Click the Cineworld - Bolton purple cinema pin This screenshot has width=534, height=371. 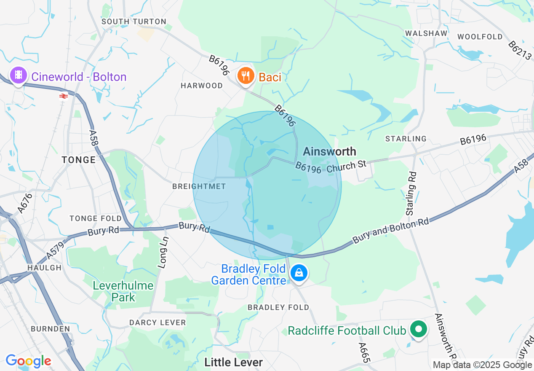click(x=18, y=75)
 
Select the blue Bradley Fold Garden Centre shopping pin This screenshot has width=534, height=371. click(x=299, y=273)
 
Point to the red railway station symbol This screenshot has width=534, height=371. click(x=64, y=96)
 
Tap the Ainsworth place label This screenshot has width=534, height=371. click(x=329, y=151)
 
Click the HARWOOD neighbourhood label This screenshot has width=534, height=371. click(x=202, y=86)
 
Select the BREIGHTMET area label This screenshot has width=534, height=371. click(x=199, y=186)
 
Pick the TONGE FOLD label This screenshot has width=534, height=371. click(x=96, y=218)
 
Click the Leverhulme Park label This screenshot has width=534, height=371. click(x=123, y=291)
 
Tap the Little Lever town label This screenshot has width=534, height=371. click(x=233, y=362)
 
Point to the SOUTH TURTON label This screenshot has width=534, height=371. click(x=134, y=22)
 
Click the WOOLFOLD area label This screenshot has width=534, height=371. click(x=480, y=37)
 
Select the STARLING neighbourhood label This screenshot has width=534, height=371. click(x=406, y=139)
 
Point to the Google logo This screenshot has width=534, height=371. click(x=28, y=361)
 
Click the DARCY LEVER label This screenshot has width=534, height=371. click(x=158, y=323)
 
